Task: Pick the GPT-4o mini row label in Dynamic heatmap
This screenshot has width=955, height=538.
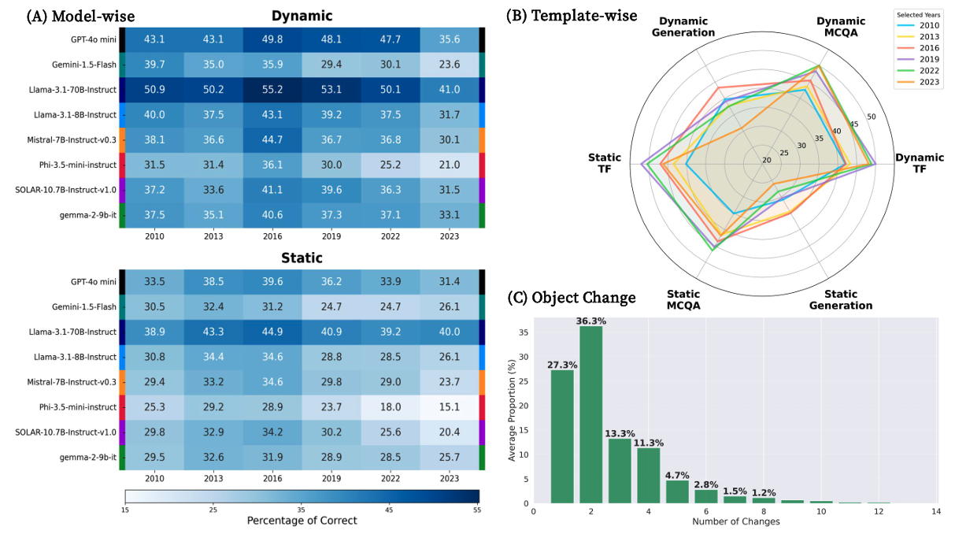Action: tap(94, 39)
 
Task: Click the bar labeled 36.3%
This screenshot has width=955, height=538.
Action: tap(591, 414)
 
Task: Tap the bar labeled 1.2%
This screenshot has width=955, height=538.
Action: tap(764, 499)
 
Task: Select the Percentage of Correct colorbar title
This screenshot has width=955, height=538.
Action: tap(302, 521)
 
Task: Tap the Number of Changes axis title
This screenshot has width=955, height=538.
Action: tap(735, 521)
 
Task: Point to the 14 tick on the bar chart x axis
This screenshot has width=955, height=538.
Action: tap(936, 511)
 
